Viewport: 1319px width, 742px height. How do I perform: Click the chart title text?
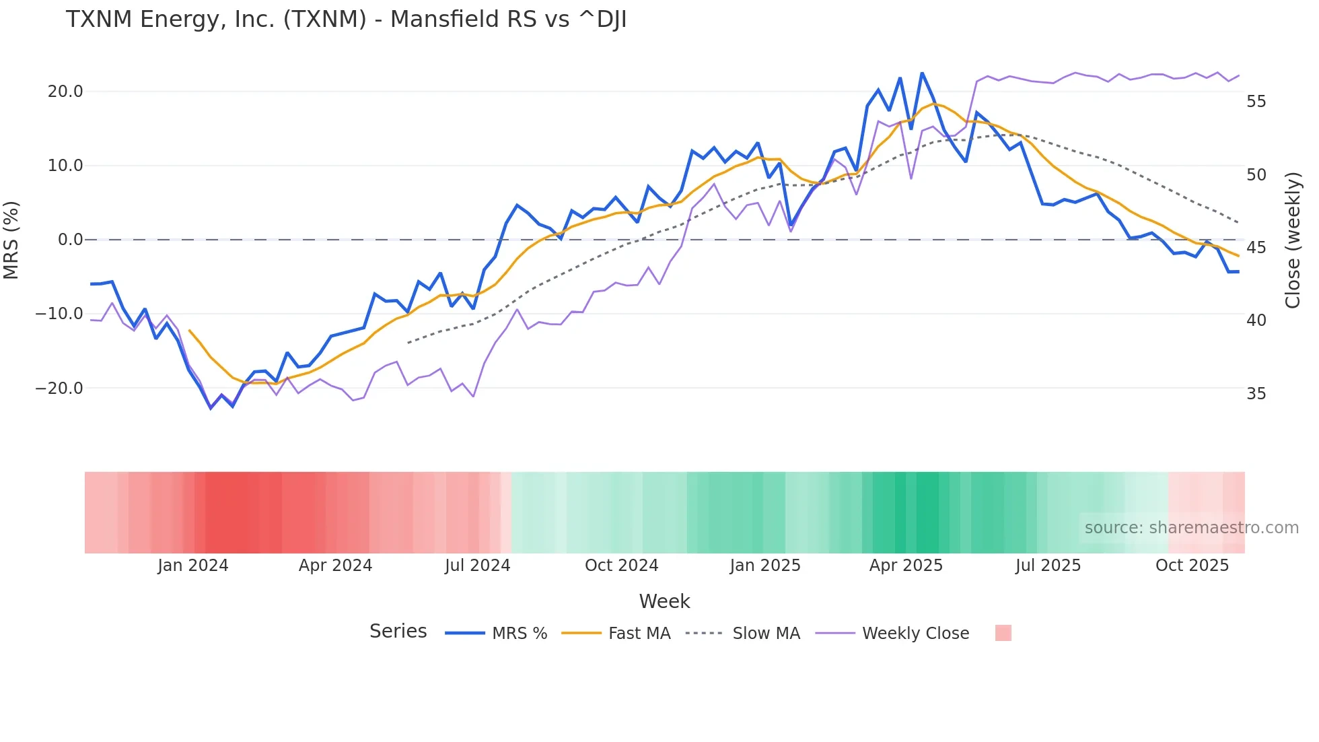tap(346, 20)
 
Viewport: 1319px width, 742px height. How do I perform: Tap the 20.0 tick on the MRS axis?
tap(65, 92)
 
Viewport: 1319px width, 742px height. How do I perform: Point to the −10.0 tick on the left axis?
tap(59, 314)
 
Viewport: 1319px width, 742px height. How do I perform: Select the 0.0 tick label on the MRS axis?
tap(70, 240)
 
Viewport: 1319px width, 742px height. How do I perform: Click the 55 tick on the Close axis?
tap(1256, 102)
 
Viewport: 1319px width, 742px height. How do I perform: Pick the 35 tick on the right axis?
tap(1256, 394)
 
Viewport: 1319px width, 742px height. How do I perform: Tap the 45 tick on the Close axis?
tap(1256, 248)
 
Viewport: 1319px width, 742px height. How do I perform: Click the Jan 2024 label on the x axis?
tap(193, 566)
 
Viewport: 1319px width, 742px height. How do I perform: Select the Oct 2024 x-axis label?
tap(621, 566)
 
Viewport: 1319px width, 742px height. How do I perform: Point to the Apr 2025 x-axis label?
tap(906, 566)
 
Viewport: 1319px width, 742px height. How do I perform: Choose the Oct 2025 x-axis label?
tap(1192, 566)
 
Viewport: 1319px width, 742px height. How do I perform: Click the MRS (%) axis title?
tap(11, 240)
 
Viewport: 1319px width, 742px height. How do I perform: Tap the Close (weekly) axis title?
tap(1293, 240)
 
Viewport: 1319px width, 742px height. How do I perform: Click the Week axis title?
tap(664, 601)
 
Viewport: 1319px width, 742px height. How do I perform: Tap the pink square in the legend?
tap(1003, 633)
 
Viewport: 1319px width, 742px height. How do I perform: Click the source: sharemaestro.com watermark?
tap(1191, 528)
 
